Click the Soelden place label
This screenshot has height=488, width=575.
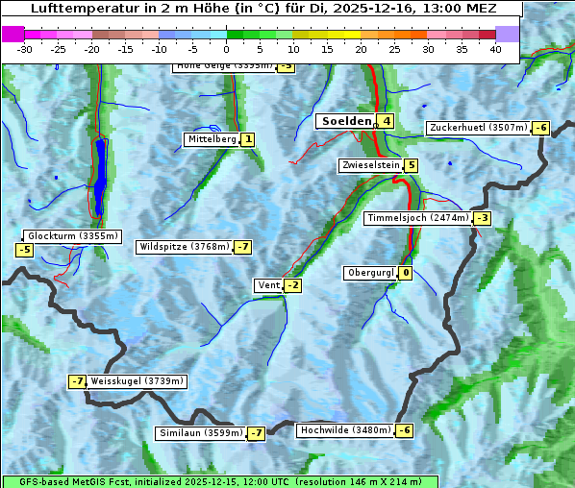tap(345, 121)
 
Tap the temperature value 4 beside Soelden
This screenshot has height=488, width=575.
tap(386, 121)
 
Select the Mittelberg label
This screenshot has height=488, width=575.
tap(212, 139)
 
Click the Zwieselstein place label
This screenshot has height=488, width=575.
tap(370, 165)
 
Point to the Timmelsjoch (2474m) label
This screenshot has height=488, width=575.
tap(418, 218)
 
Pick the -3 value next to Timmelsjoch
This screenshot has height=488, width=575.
tap(482, 218)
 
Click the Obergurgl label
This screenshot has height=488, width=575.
tap(370, 273)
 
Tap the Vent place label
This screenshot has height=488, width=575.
tap(268, 285)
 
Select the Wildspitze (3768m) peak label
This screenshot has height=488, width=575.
tap(185, 247)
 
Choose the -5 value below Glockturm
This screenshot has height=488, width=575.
tap(24, 250)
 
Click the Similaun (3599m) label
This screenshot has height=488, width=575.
tap(200, 433)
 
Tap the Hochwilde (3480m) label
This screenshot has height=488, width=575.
tap(345, 430)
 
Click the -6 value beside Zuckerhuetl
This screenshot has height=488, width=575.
tap(541, 128)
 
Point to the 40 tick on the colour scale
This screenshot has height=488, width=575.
tap(495, 49)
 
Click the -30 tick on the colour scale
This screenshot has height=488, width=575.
tap(25, 49)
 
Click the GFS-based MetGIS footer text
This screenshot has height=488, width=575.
tap(219, 481)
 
